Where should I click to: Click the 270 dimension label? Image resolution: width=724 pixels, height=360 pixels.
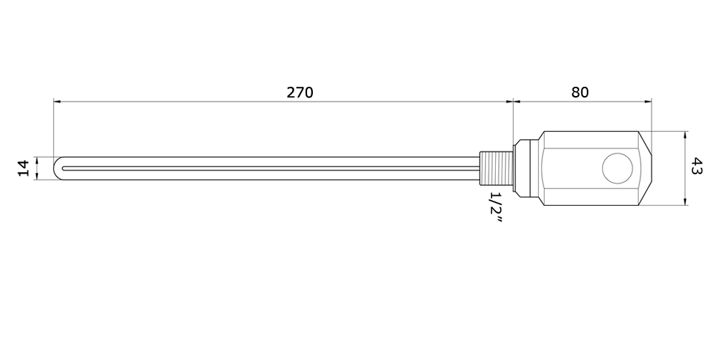click(300, 93)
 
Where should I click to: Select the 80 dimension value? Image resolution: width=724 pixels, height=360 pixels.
click(580, 93)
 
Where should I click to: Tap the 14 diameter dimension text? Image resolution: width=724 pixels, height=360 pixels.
click(24, 168)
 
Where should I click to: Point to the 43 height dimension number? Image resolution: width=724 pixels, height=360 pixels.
click(696, 166)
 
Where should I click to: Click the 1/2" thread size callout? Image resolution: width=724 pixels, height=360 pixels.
click(495, 208)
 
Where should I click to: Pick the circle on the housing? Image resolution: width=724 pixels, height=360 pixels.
click(617, 168)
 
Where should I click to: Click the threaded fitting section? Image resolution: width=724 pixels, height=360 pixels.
click(497, 169)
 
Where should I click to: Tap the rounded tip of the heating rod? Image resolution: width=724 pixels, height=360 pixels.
click(57, 168)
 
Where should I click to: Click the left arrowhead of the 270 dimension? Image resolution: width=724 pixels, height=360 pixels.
click(57, 101)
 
